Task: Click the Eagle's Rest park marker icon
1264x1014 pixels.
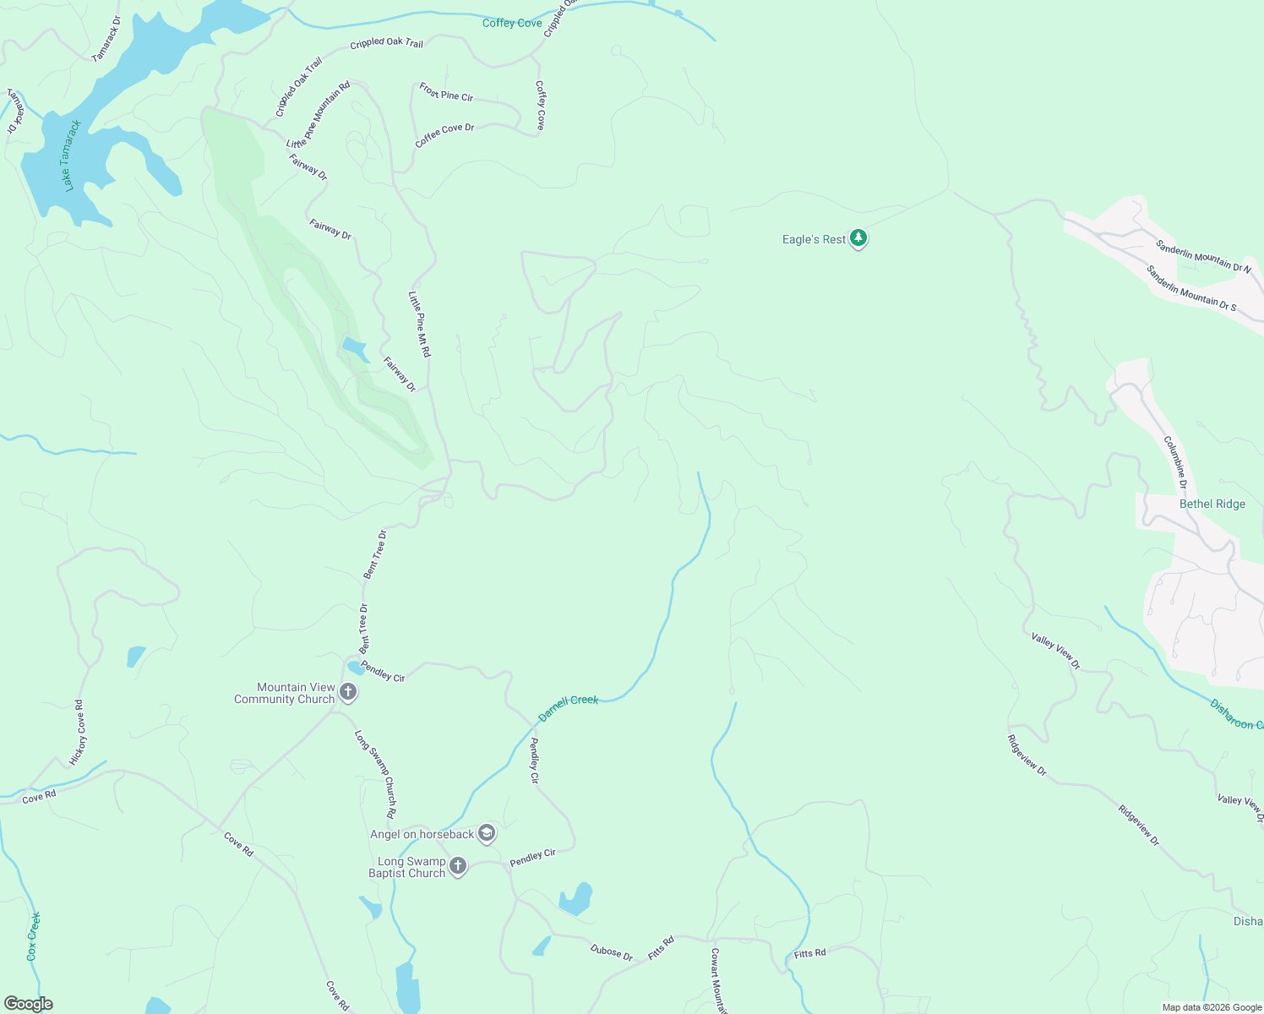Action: [858, 239]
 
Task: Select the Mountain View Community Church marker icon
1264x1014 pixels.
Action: [348, 694]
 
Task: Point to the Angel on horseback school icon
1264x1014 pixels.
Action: [487, 834]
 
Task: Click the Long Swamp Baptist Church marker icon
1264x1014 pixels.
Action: [458, 866]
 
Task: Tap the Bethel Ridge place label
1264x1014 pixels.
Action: [1212, 504]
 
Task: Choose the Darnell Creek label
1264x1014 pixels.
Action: [568, 708]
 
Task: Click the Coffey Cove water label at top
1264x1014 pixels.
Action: [512, 23]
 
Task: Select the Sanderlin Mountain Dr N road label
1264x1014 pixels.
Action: [1202, 256]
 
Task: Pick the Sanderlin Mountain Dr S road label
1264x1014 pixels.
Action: [1190, 288]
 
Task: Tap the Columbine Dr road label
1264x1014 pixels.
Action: [1175, 462]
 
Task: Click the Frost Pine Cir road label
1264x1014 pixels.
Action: [446, 92]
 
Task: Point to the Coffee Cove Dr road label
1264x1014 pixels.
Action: [444, 135]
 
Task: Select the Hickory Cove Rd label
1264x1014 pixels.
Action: [78, 733]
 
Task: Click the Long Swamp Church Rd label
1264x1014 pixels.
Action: [376, 773]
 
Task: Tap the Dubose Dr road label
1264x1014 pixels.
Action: [611, 952]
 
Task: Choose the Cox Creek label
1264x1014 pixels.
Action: [33, 936]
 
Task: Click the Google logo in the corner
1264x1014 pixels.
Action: [28, 1004]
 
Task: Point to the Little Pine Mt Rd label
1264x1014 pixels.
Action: [419, 324]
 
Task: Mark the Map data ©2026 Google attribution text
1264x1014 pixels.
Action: [1212, 1007]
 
